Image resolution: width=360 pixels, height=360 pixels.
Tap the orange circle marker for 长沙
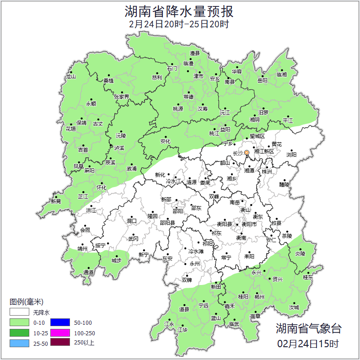(x=247, y=152)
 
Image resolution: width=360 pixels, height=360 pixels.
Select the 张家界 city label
(x=121, y=97)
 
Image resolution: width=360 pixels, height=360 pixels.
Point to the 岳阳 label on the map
(x=262, y=81)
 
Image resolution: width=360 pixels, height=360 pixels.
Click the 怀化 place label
(x=101, y=188)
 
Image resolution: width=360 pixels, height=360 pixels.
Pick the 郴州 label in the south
(x=259, y=296)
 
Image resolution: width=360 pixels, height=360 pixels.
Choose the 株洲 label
(x=266, y=172)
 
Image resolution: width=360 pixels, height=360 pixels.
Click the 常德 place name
(x=188, y=97)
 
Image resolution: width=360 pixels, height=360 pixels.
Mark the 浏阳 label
(x=291, y=155)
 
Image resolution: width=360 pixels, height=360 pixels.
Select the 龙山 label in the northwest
(x=70, y=77)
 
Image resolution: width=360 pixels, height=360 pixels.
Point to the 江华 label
(x=183, y=329)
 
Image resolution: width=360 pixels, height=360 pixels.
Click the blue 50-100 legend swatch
(x=59, y=323)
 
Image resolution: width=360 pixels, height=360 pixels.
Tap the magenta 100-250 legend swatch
(x=59, y=333)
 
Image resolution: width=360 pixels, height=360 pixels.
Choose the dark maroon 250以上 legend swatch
(x=59, y=343)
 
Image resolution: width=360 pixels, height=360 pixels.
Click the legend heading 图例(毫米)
(x=27, y=302)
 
